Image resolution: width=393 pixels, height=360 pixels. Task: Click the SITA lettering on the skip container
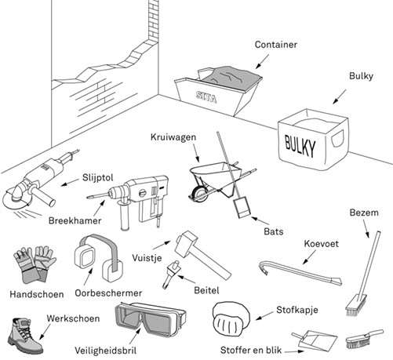pos(206,97)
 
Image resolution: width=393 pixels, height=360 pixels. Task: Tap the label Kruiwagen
pos(173,137)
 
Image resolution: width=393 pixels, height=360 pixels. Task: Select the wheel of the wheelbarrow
pos(198,195)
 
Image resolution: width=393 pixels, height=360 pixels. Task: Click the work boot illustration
pos(25,336)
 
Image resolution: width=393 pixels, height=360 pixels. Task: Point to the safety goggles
pos(151,319)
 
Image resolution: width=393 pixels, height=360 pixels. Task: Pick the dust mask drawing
pos(231,318)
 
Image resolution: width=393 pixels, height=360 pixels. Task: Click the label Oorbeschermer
pos(108,293)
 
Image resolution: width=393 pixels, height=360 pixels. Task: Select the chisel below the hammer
pos(171,274)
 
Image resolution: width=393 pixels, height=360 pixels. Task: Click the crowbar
pos(300,271)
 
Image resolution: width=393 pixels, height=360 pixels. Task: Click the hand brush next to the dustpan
pos(364,338)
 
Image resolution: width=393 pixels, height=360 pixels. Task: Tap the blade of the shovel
pos(242,207)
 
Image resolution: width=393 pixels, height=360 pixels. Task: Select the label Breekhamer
pos(75,220)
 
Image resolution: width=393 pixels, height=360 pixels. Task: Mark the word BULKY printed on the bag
pos(300,146)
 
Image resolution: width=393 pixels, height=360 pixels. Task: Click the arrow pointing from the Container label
pos(262,62)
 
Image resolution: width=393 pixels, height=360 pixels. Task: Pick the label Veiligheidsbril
pos(105,351)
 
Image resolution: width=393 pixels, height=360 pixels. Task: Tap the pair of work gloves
pos(34,264)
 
